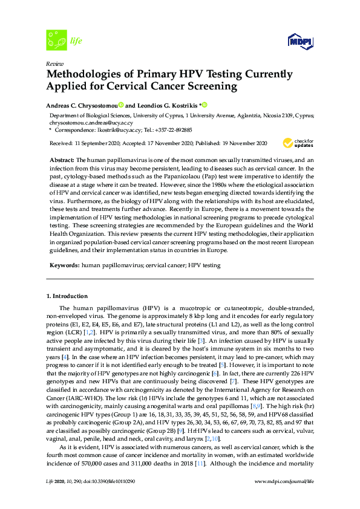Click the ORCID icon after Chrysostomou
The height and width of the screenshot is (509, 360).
click(121, 105)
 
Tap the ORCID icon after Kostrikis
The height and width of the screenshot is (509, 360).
click(205, 105)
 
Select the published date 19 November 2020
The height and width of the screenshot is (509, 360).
click(243, 143)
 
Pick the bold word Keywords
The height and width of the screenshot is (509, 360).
click(63, 265)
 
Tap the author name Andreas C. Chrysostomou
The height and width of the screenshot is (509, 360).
click(82, 105)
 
